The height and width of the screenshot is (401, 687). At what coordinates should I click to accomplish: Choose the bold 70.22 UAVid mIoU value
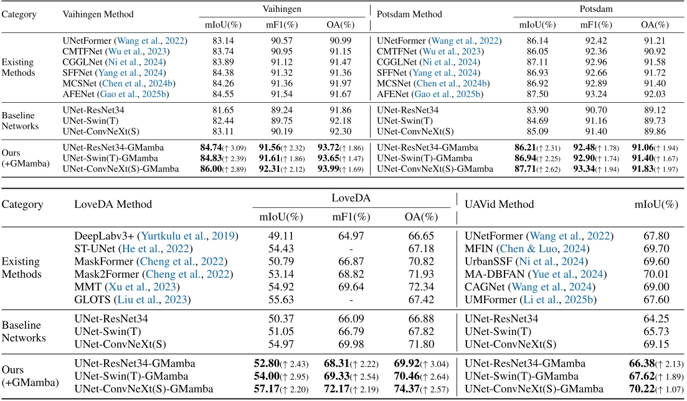(x=642, y=389)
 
